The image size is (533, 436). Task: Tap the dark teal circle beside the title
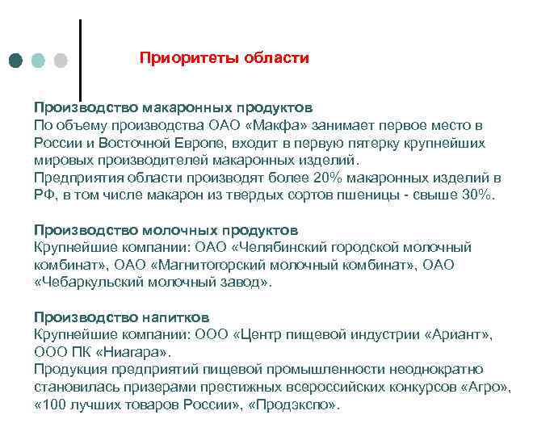17,60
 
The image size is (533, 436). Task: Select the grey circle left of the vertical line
60,60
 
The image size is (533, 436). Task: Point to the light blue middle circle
39,60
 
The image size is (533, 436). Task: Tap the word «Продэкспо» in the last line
296,405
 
